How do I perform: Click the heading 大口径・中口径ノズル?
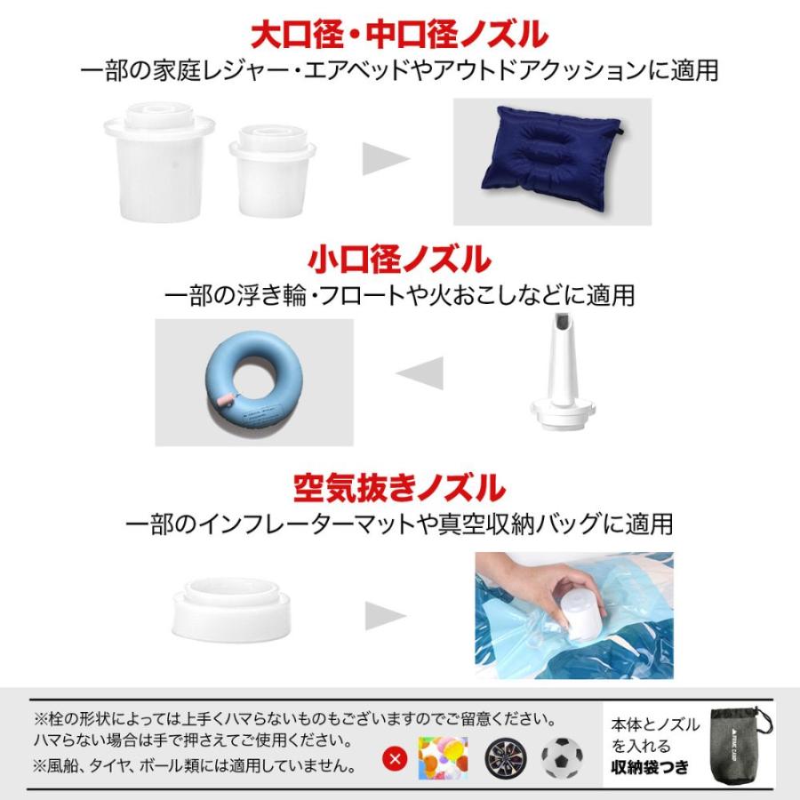399,36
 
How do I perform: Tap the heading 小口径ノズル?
399,260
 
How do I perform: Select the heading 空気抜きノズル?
399,487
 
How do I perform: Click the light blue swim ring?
253,382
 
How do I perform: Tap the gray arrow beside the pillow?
385,160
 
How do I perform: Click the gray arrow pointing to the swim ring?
420,374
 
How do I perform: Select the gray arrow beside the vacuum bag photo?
386,615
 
